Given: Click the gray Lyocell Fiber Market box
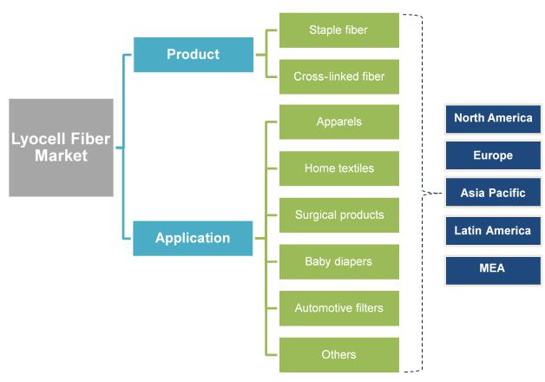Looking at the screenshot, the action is (61, 148).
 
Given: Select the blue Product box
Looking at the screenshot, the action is (194, 55).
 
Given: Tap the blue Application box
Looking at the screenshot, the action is (193, 238).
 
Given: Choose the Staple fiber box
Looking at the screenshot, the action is (339, 30).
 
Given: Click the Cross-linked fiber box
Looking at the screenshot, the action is (339, 76).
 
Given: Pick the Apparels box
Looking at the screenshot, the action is (339, 122).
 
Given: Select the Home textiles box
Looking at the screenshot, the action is (339, 168).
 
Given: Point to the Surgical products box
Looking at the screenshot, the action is (339, 215).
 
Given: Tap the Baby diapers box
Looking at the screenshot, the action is (339, 261).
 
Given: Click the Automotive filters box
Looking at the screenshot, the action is (339, 308).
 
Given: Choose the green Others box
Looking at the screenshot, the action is (339, 355).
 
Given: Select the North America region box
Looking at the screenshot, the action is (493, 119).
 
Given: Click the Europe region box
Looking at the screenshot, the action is (493, 155).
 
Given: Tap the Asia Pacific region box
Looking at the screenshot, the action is (493, 193).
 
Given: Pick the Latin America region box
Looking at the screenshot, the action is (493, 231).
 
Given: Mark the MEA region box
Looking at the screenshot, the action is (493, 270).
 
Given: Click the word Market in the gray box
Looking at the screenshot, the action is (61, 155).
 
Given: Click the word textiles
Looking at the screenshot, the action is (356, 168).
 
